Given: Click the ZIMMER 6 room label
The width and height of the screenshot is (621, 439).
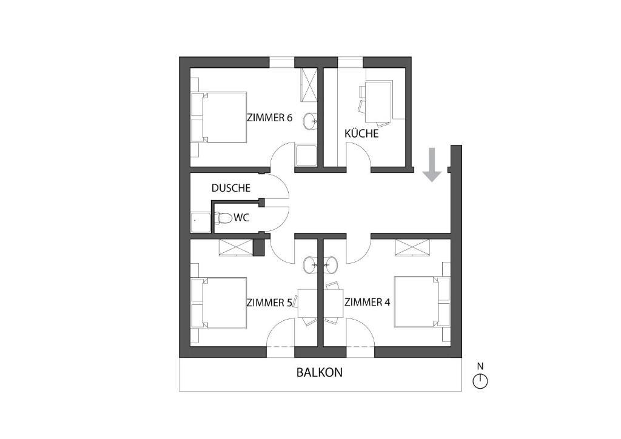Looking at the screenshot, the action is (x=269, y=118).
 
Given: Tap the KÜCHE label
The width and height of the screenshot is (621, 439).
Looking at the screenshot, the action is (x=361, y=133).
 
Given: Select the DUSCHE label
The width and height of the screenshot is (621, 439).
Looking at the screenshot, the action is (x=231, y=187).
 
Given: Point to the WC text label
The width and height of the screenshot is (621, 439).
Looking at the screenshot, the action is (x=241, y=217).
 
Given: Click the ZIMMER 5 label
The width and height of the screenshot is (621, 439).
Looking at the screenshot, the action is (x=269, y=303).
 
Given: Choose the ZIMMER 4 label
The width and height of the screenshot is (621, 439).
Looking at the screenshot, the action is (x=367, y=303).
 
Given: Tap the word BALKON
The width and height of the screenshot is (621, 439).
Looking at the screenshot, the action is (x=320, y=372).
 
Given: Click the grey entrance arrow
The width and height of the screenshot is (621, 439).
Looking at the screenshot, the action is (x=432, y=165).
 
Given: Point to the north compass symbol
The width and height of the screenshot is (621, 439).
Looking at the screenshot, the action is (x=480, y=381).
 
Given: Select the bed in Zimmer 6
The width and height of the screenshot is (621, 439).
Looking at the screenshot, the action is (x=219, y=117).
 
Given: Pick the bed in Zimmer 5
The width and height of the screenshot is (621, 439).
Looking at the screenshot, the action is (x=219, y=303).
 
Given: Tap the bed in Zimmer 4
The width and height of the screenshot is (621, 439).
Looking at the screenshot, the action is (x=422, y=301).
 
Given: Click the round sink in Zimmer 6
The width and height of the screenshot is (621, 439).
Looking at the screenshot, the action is (x=310, y=120).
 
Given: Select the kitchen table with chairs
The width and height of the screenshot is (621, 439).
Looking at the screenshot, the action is (x=377, y=102).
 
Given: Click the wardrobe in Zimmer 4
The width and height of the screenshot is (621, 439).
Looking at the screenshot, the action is (x=412, y=248).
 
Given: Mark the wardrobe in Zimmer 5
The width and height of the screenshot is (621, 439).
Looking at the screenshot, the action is (x=236, y=248).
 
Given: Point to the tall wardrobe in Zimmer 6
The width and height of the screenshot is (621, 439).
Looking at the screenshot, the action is (x=309, y=85).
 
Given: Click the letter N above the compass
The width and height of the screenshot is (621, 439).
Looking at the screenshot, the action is (x=480, y=367).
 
